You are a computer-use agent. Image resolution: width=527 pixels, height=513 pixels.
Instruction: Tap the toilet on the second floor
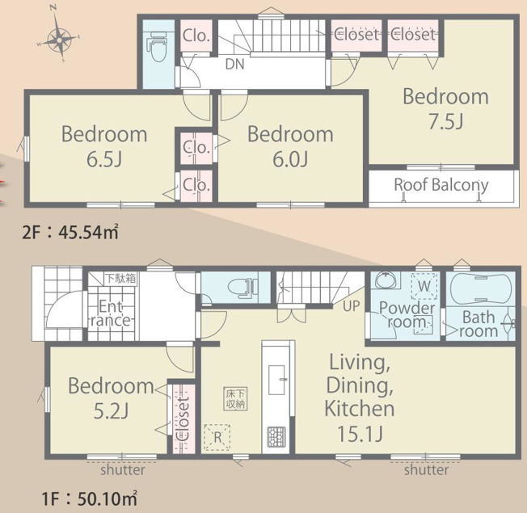click(x=158, y=47)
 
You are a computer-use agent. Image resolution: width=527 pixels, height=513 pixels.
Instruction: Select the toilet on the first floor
click(x=242, y=288)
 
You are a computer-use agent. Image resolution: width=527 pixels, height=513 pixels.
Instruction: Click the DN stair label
click(x=234, y=64)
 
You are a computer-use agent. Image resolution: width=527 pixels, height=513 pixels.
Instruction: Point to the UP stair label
click(x=352, y=305)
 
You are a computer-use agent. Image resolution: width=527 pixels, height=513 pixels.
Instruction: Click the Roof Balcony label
click(x=441, y=185)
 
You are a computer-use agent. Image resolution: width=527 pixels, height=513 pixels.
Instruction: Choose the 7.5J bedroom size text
click(x=446, y=122)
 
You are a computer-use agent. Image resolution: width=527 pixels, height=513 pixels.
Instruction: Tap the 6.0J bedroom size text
click(x=290, y=159)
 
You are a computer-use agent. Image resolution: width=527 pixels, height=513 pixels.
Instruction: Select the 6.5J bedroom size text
click(x=104, y=159)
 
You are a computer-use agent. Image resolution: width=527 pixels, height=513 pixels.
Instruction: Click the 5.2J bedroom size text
click(x=111, y=411)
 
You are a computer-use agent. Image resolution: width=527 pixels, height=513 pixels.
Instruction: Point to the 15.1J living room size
click(x=360, y=434)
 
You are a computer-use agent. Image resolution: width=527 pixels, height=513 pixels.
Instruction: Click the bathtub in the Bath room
click(x=480, y=288)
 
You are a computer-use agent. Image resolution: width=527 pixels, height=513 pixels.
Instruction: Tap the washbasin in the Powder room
click(x=386, y=280)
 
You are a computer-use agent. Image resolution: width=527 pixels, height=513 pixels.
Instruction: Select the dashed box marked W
click(x=424, y=285)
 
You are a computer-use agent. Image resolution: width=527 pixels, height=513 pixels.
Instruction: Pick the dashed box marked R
click(x=217, y=437)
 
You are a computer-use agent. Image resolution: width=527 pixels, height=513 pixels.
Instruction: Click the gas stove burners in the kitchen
click(x=276, y=437)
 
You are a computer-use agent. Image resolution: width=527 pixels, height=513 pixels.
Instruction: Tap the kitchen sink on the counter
click(x=276, y=379)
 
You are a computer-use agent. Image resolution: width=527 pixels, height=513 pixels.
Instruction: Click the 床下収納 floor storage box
click(x=235, y=399)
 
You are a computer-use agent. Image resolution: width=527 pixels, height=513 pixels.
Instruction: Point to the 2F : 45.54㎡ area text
click(x=70, y=233)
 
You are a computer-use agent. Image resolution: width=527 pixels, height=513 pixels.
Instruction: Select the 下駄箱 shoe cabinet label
click(x=120, y=279)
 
